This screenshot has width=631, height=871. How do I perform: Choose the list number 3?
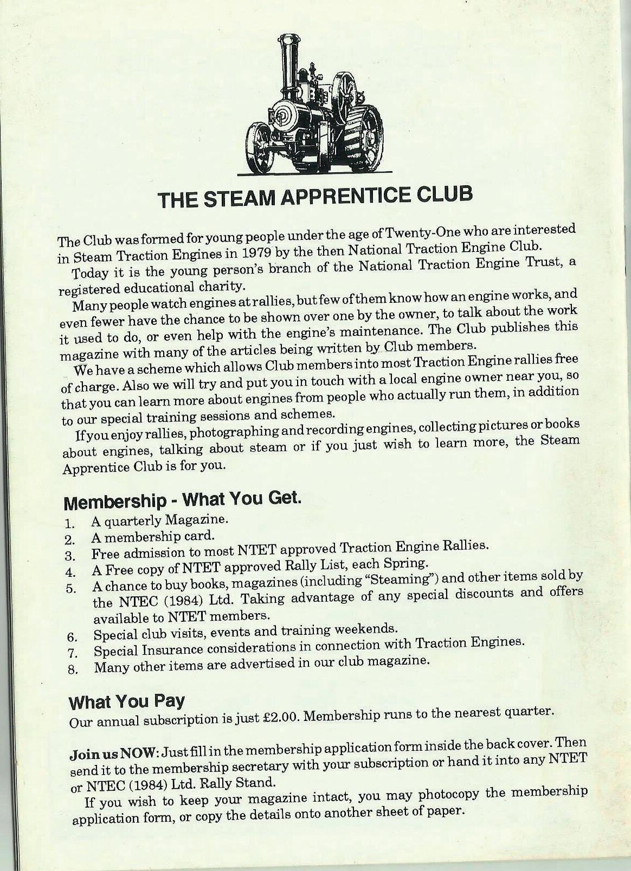(x=69, y=556)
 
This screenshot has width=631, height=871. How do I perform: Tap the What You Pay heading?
(x=126, y=701)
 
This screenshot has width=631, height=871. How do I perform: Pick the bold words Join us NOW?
(x=114, y=753)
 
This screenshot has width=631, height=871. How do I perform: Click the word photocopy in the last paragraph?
(x=449, y=795)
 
